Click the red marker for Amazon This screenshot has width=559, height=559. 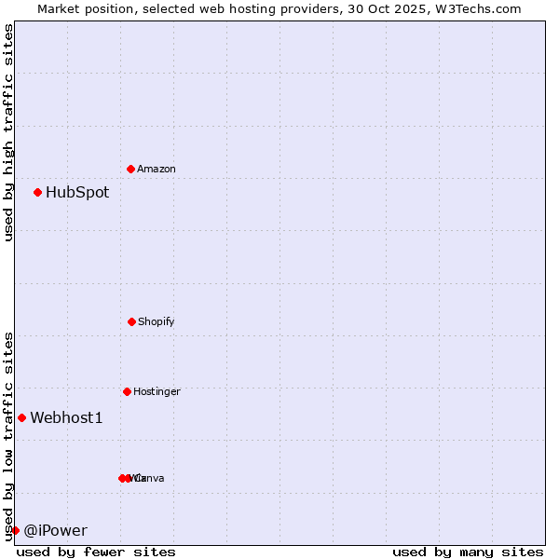(130, 169)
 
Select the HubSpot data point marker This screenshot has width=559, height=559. (37, 193)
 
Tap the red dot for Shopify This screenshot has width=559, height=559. (131, 321)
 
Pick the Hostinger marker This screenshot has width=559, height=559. (127, 391)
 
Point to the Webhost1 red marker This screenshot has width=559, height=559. (21, 417)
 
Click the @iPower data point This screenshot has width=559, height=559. (15, 530)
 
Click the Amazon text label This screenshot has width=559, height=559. (157, 170)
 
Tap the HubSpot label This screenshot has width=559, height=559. (77, 193)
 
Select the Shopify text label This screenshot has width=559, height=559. (157, 322)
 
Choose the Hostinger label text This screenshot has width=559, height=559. (157, 392)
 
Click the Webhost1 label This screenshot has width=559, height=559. (66, 418)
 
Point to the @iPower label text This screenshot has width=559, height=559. (55, 531)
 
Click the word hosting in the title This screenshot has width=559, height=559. (245, 8)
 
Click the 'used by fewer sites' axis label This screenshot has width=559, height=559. (96, 552)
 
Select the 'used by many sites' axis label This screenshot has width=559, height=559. (468, 552)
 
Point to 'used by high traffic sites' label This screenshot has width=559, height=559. (8, 132)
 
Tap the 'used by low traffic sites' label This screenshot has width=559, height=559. (8, 436)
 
